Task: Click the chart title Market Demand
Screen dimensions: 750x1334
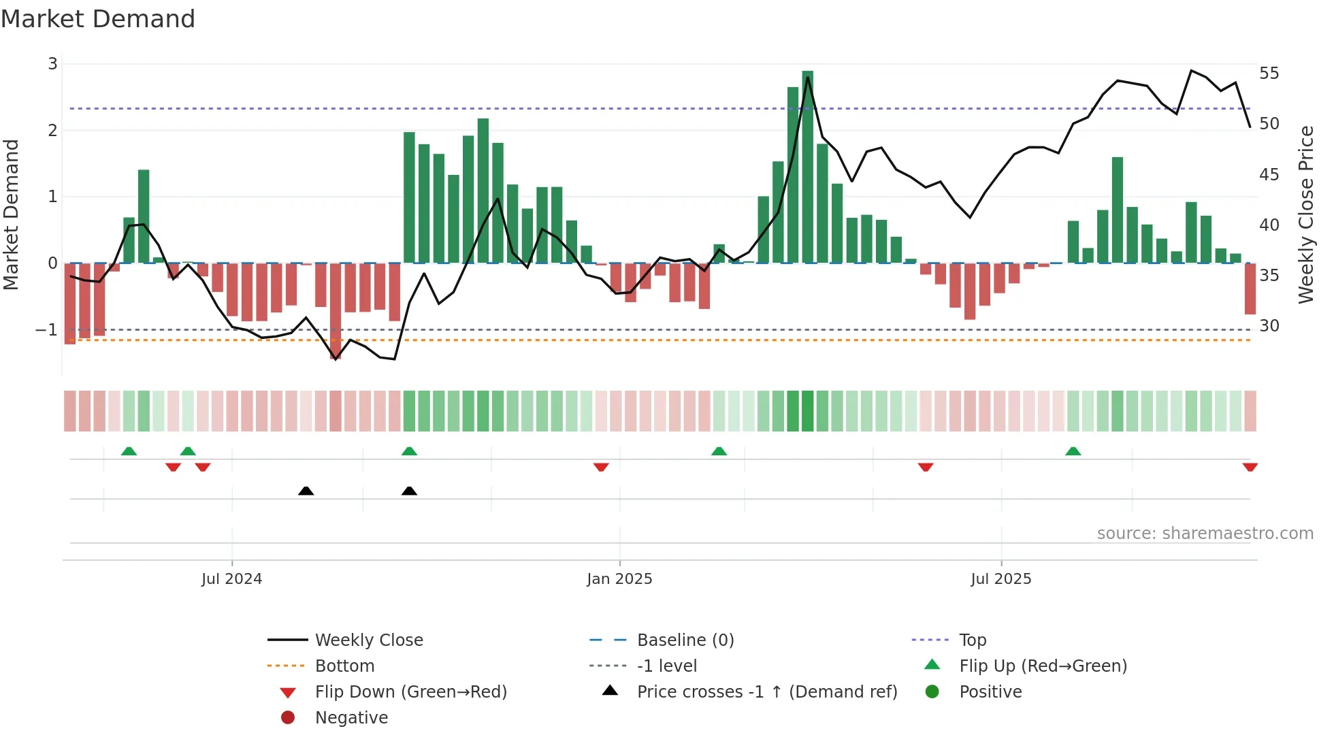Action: coord(98,19)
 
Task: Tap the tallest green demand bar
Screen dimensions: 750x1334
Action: coord(807,167)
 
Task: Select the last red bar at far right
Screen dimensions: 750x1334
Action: coord(1250,289)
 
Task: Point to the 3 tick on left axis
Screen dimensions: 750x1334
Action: coord(52,64)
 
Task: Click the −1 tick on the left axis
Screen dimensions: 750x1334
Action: coord(47,330)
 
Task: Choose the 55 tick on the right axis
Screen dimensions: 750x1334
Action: coord(1269,73)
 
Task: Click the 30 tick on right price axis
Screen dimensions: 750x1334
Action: coord(1269,326)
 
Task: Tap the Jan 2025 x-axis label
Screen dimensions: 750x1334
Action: coord(619,579)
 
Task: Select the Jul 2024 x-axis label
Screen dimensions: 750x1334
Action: coord(231,579)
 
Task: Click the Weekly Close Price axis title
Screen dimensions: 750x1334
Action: coord(1305,214)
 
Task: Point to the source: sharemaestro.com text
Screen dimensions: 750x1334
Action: coord(1205,534)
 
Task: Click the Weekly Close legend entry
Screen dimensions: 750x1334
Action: coord(368,640)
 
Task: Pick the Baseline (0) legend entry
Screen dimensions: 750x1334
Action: coord(685,640)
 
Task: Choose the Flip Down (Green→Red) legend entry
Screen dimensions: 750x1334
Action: coord(410,692)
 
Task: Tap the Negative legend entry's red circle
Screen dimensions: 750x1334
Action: coord(288,718)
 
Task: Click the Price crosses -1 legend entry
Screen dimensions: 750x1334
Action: coord(766,692)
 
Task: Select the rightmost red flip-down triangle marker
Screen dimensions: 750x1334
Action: coord(1250,467)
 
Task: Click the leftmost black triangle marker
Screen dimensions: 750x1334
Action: coord(306,491)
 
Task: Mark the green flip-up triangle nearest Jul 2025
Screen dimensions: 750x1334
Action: coord(1073,451)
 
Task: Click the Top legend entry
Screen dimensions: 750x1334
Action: coord(972,640)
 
